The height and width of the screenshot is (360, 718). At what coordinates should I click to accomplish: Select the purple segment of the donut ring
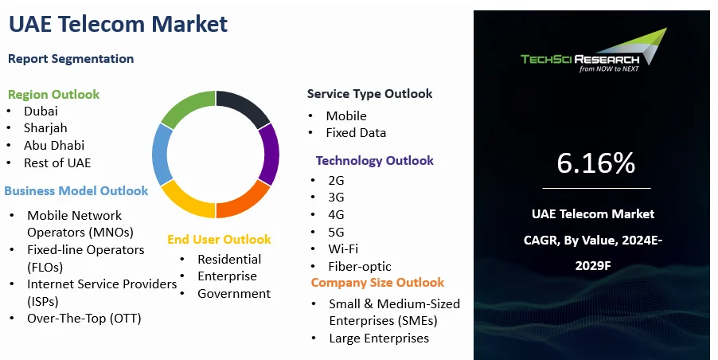pyautogui.click(x=270, y=154)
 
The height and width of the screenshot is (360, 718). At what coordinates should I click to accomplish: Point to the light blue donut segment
pyautogui.click(x=161, y=154)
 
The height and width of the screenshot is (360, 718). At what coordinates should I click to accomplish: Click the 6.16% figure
pyautogui.click(x=595, y=162)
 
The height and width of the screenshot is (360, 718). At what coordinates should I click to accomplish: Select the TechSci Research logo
pyautogui.click(x=594, y=51)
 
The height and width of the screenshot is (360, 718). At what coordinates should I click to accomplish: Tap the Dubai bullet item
pyautogui.click(x=41, y=111)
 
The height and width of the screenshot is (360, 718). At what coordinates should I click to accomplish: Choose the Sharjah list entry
pyautogui.click(x=45, y=127)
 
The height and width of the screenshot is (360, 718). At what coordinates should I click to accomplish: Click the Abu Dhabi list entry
pyautogui.click(x=54, y=145)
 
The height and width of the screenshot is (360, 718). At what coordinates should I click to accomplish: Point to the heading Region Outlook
pyautogui.click(x=53, y=94)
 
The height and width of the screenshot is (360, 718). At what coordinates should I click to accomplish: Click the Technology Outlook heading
pyautogui.click(x=375, y=161)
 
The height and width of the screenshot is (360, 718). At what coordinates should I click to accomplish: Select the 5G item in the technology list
pyautogui.click(x=336, y=233)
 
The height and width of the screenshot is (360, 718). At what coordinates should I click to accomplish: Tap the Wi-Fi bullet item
pyautogui.click(x=343, y=249)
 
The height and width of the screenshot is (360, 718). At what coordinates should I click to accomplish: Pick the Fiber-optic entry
pyautogui.click(x=360, y=267)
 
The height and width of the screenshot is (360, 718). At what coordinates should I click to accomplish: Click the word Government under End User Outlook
pyautogui.click(x=234, y=294)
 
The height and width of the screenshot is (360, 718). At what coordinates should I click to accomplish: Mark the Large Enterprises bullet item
pyautogui.click(x=379, y=338)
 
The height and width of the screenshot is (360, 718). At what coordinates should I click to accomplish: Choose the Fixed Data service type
pyautogui.click(x=356, y=133)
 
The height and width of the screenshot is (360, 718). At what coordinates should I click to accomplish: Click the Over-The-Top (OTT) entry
pyautogui.click(x=84, y=319)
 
